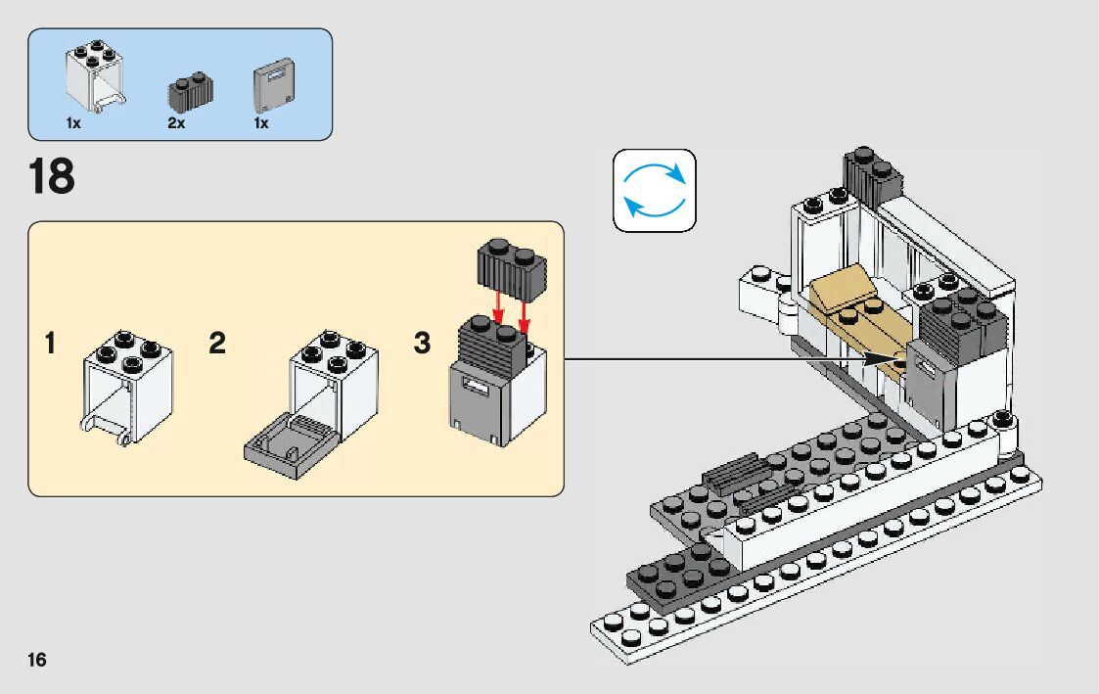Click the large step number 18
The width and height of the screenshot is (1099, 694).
click(52, 177)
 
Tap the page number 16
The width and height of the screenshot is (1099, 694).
click(37, 659)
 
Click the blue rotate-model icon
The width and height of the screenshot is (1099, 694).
click(654, 190)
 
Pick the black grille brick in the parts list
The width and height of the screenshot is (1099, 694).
click(191, 90)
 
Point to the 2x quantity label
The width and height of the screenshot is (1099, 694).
click(176, 124)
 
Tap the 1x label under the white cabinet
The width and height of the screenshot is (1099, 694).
click(73, 124)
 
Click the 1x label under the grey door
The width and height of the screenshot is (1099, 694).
click(261, 124)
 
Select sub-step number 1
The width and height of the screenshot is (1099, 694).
click(50, 345)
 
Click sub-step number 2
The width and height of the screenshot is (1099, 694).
click(217, 345)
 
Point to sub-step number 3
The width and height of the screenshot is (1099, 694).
click(422, 345)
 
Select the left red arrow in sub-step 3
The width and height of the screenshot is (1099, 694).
click(497, 304)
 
